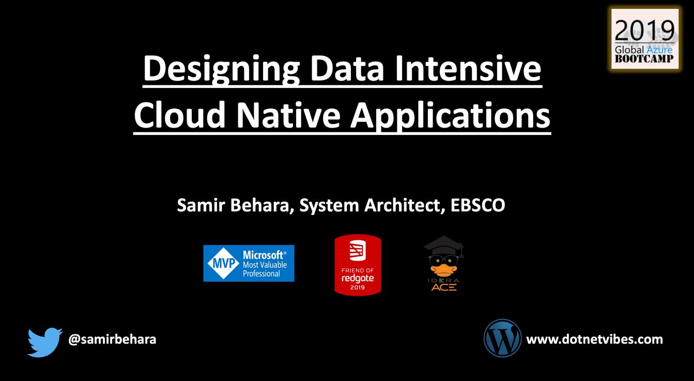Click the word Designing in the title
221,69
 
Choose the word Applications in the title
451,116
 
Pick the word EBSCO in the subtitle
478,205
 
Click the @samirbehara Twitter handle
112,339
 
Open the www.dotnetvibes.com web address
594,339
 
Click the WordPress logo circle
502,338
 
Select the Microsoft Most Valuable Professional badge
249,263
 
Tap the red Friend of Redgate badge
358,265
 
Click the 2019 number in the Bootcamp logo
644,31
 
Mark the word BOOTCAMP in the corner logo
644,59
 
